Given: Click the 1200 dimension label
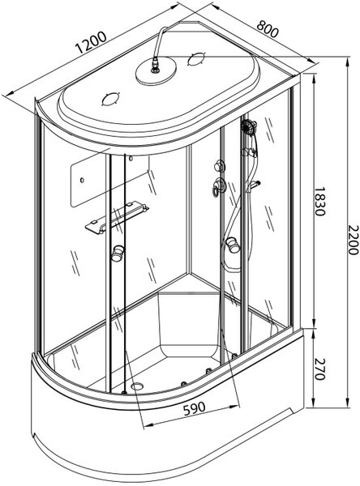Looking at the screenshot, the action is [92, 42].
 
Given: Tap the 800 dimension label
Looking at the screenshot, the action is [268, 28].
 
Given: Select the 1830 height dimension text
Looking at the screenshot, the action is [319, 201].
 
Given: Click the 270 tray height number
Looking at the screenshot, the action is [319, 369].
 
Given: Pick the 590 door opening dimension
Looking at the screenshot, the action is [195, 408].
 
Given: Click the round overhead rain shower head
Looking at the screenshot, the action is [156, 72].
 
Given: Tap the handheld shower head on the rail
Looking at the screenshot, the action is [249, 126].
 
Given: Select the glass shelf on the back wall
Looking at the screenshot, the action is [117, 217].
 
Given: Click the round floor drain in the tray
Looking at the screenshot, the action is [137, 386].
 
